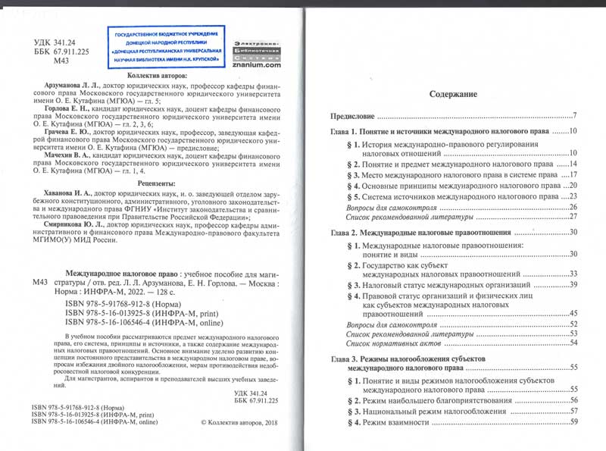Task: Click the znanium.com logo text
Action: [x=259, y=66]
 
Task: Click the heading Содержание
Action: [x=453, y=96]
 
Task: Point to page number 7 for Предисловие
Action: [x=576, y=117]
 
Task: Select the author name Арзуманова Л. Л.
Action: [x=85, y=89]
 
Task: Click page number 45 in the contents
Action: [x=573, y=313]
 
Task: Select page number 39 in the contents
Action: [x=573, y=284]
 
